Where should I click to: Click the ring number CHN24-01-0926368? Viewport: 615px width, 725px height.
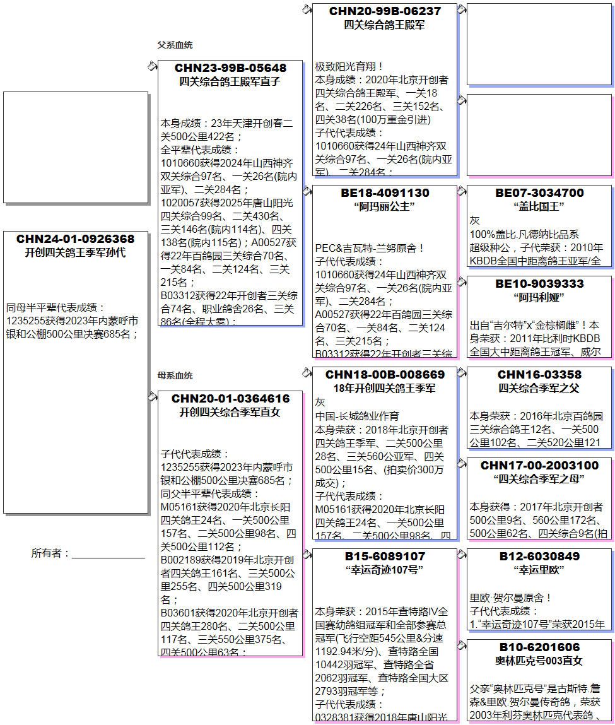75,239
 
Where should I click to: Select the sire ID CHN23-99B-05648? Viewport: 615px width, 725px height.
230,68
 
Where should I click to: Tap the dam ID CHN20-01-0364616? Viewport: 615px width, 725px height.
230,399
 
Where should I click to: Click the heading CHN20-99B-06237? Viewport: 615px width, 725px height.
385,11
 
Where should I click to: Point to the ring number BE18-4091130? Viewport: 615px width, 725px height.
385,193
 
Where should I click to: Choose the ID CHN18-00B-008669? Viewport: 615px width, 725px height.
385,375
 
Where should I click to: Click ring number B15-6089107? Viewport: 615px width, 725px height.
385,557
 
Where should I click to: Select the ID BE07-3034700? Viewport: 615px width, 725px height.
539,193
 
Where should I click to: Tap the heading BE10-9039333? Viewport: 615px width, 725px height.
539,284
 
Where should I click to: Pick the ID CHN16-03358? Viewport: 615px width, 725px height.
539,375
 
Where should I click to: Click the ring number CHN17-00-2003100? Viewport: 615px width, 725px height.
539,466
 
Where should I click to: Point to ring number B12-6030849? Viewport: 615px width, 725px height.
539,557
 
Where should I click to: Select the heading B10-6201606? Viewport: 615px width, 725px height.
539,647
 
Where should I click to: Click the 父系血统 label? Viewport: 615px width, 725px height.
175,45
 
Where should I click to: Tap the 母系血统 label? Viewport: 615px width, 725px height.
175,375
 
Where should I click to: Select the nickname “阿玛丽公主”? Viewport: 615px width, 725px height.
385,206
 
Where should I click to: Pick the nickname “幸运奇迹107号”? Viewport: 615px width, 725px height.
385,570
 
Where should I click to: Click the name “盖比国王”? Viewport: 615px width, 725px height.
539,206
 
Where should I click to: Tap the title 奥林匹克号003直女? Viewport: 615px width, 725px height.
539,661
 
